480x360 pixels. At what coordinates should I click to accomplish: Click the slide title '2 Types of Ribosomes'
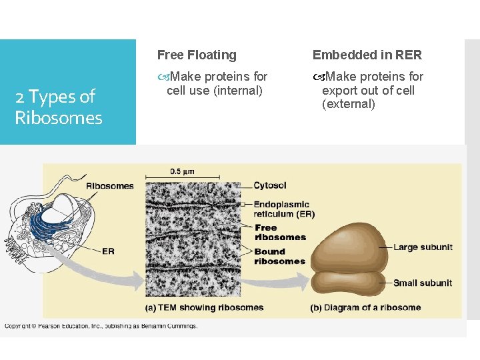(x=59, y=107)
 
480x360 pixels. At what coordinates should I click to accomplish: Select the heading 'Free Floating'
(x=197, y=55)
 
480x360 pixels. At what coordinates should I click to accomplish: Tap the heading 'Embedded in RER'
(x=367, y=55)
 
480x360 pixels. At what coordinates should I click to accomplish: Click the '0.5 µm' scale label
(x=181, y=171)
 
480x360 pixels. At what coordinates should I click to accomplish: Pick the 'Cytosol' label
(x=270, y=185)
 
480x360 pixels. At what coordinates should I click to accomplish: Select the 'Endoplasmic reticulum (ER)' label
(x=283, y=209)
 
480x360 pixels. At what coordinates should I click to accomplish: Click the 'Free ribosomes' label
(x=280, y=232)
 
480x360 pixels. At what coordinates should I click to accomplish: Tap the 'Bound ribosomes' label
(x=279, y=256)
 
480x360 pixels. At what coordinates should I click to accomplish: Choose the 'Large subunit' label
(x=423, y=247)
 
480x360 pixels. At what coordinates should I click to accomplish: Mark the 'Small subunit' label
(x=423, y=283)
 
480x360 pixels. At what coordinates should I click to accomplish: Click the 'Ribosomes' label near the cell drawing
(x=109, y=186)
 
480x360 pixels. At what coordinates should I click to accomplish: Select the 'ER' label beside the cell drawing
(x=108, y=251)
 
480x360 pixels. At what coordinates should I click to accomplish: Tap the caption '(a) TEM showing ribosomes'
(x=205, y=307)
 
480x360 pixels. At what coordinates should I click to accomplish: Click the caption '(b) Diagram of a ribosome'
(x=365, y=307)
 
